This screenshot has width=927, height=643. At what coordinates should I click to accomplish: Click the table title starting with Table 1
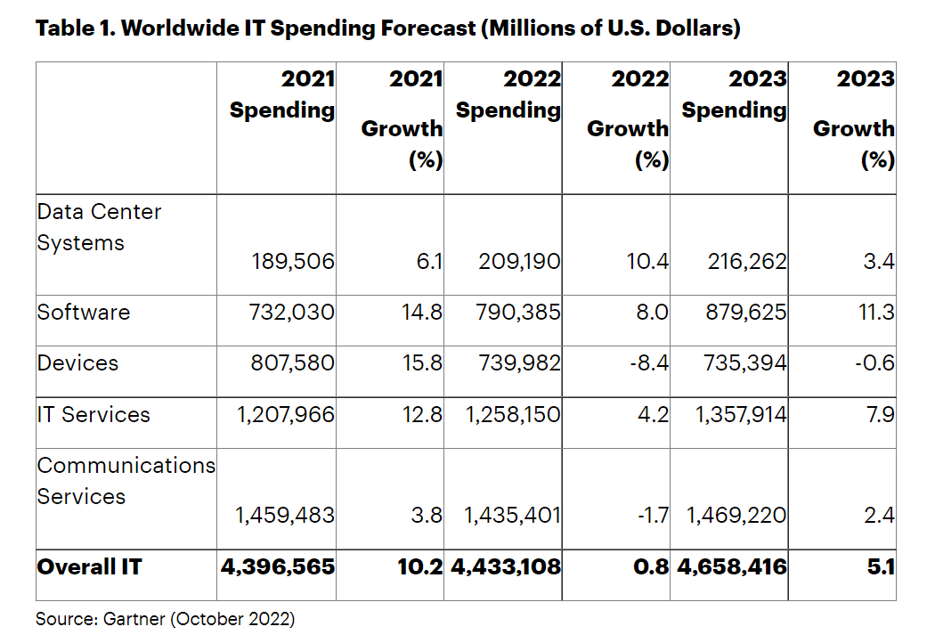coord(387,28)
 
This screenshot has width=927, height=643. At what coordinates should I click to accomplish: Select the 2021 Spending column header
coord(282,94)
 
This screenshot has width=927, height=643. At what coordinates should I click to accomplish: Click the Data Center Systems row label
coord(99,227)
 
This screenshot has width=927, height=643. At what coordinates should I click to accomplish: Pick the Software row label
coord(84,313)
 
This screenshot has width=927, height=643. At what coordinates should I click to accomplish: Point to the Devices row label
coord(77,363)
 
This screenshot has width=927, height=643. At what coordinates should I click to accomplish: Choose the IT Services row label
coord(94,414)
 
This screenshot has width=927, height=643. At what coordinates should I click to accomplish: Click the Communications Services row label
coord(126,481)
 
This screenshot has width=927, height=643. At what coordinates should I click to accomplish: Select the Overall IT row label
coord(89,566)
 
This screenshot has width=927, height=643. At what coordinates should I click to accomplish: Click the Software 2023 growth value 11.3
coord(876,313)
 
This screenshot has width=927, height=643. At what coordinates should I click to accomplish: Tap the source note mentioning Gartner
coord(165,618)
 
